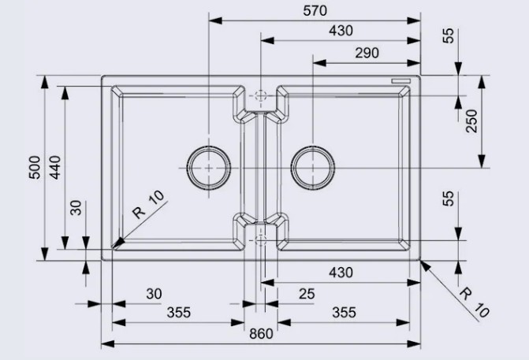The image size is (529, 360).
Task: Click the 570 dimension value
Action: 315,11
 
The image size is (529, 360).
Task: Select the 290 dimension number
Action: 367,53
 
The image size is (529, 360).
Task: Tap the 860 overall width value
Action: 261,334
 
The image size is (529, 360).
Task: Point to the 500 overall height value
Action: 35,168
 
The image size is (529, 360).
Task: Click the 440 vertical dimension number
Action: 55,168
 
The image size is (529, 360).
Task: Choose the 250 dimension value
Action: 471,121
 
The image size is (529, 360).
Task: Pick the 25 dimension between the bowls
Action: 307,294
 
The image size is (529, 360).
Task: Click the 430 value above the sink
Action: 341,31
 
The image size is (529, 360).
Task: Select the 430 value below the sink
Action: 341,273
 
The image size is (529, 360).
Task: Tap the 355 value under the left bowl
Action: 179,313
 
